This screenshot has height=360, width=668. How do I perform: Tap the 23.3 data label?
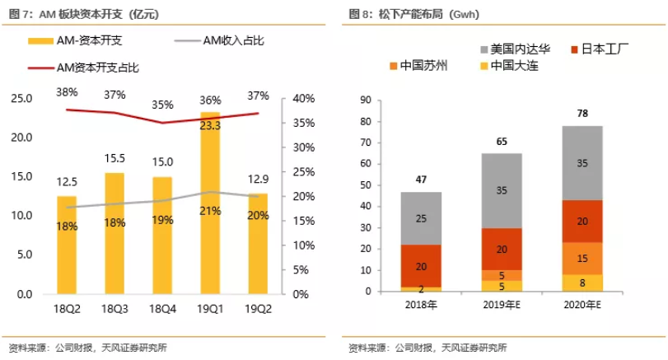pos(210,125)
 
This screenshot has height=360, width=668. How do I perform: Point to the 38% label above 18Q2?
pos(68,91)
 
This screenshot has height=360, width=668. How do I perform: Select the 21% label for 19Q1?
pos(210,211)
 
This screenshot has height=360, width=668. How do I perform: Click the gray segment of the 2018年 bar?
pos(420,218)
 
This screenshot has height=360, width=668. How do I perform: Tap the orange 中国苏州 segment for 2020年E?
pos(582,259)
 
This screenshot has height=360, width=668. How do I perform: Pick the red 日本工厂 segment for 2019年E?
pos(501,249)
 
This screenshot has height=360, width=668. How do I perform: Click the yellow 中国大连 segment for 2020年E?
pos(582,283)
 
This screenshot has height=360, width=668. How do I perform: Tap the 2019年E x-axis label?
pos(502,306)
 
